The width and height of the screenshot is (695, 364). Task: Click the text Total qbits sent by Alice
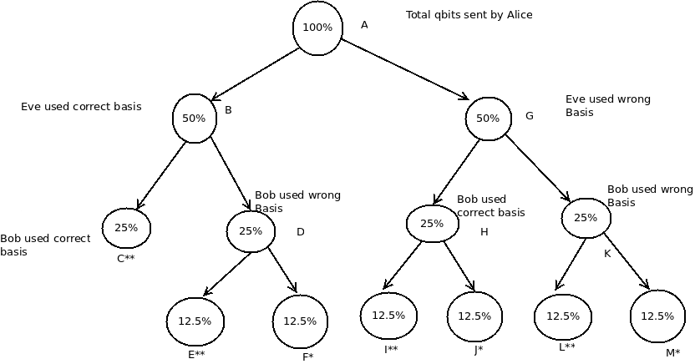[x=469, y=15]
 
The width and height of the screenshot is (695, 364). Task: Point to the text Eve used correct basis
[x=81, y=107]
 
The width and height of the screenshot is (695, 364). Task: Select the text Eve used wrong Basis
[x=607, y=106]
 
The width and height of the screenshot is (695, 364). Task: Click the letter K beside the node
[x=607, y=254]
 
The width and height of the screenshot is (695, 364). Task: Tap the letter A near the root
[x=364, y=25]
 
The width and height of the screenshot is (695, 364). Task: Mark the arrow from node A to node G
[x=405, y=69]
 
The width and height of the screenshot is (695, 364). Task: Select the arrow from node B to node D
[x=231, y=174]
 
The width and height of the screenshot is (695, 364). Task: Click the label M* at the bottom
[x=672, y=353]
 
